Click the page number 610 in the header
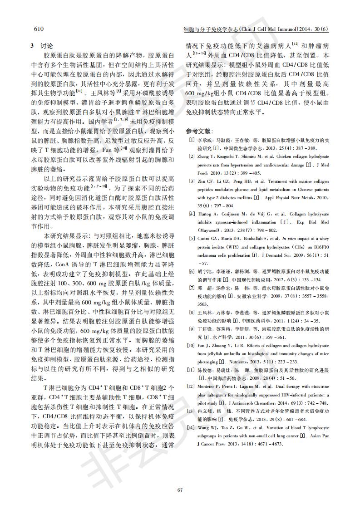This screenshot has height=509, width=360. pyautogui.click(x=39, y=29)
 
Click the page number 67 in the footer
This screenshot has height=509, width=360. pyautogui.click(x=180, y=489)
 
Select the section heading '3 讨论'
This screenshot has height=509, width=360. pyautogui.click(x=41, y=46)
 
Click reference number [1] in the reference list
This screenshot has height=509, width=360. pyautogui.click(x=192, y=141)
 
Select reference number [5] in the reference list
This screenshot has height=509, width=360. pyautogui.click(x=192, y=238)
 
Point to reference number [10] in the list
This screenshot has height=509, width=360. pyautogui.click(x=191, y=346)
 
